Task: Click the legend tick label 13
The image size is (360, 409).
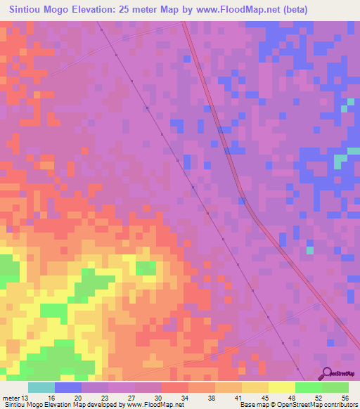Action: [26, 397]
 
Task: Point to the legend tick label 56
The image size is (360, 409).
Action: [344, 397]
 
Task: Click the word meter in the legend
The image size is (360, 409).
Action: [11, 397]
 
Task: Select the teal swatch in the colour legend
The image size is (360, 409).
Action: [41, 387]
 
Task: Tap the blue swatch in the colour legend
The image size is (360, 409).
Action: [68, 387]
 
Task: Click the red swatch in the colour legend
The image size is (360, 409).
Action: [175, 387]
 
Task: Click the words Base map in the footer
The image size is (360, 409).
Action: [250, 405]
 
